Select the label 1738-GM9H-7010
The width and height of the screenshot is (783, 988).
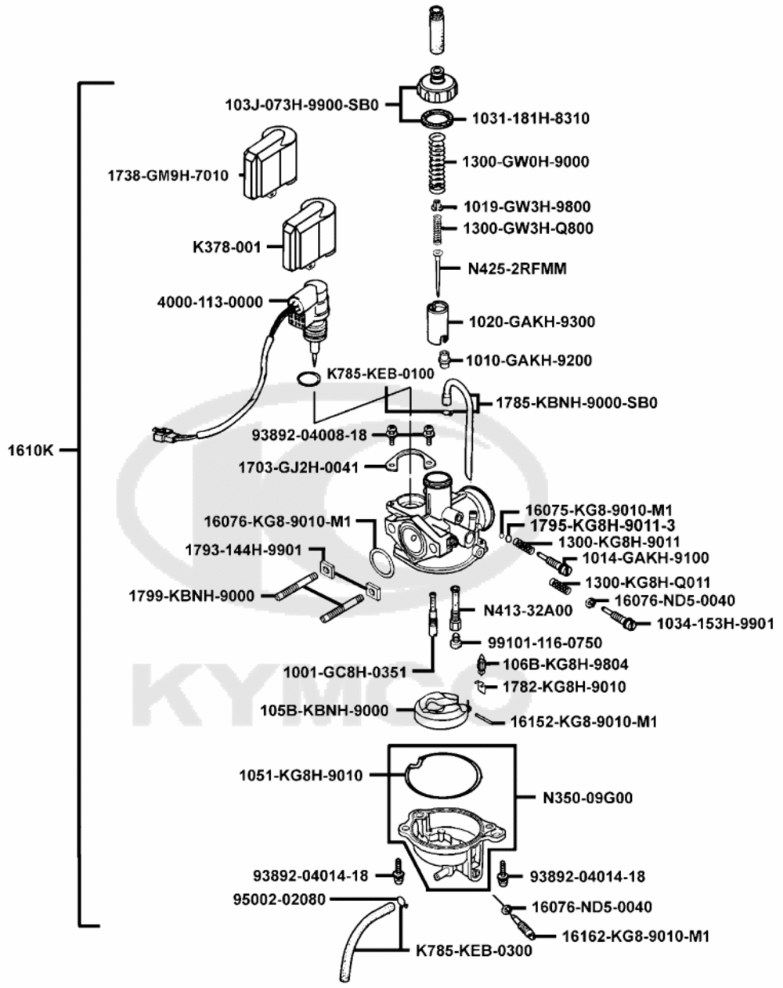(x=168, y=175)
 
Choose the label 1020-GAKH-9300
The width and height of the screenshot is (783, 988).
(x=532, y=322)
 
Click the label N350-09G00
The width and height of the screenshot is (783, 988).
(x=587, y=799)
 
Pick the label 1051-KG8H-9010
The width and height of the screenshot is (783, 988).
(x=301, y=776)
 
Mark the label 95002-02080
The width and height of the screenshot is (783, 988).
(x=280, y=900)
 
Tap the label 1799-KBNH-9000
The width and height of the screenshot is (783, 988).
(x=191, y=596)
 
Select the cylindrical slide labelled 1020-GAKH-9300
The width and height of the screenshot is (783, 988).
(x=440, y=321)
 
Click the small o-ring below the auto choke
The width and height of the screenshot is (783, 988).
(x=310, y=380)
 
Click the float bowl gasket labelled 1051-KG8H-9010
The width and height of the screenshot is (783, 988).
(x=444, y=776)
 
